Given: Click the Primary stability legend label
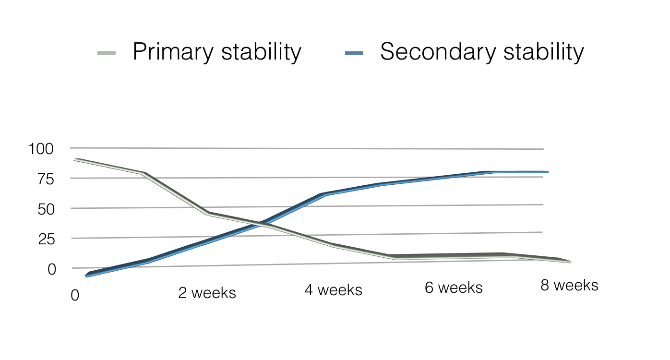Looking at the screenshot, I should point(217,51).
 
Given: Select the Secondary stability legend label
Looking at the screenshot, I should point(482,51).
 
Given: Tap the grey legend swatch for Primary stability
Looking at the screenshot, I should point(107,53).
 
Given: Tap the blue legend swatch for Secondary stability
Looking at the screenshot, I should point(354,53).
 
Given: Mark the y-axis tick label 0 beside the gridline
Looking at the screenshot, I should point(52,269).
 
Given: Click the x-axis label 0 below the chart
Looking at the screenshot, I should point(75,295).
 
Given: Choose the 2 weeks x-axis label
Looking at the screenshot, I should point(207,293).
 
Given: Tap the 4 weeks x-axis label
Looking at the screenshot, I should point(333,290).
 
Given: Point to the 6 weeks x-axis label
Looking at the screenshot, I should point(454,288).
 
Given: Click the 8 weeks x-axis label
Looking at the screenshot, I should point(569,285).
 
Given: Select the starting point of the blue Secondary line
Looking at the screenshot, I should point(87,276).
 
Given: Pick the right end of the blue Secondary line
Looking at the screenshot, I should point(547,172).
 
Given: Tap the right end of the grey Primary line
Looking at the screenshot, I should point(569,262).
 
